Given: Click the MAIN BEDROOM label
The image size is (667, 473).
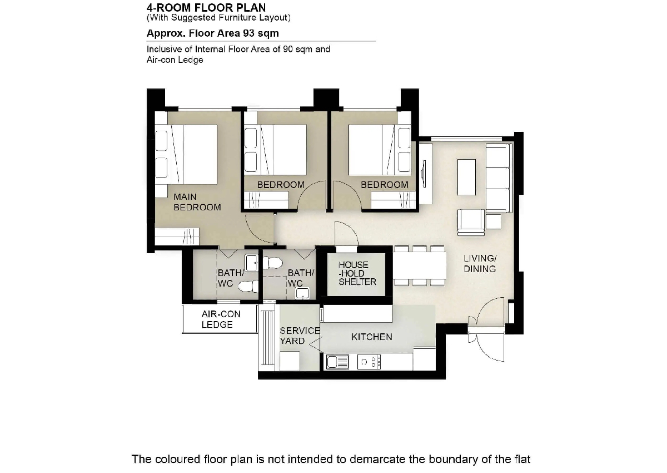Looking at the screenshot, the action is (197, 202).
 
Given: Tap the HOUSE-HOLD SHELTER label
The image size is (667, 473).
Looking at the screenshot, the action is (357, 273).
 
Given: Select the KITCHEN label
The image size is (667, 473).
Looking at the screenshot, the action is (372, 337).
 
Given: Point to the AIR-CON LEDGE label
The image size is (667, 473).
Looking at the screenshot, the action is (221, 319).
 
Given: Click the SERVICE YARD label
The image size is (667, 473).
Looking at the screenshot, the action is (300, 336).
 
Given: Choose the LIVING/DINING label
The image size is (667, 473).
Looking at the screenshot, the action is (480, 263).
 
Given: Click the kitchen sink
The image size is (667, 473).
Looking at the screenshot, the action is (337, 362).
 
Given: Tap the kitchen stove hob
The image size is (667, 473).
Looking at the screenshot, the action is (369, 362).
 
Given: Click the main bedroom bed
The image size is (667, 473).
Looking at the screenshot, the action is (186, 154).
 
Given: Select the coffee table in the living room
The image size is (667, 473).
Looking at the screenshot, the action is (466, 177).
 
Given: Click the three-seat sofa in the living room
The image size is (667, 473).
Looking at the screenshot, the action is (499, 178).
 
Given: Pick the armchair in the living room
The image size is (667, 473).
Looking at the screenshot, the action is (471, 223).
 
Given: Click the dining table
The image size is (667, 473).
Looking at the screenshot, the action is (420, 265).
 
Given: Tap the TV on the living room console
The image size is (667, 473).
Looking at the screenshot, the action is (424, 174).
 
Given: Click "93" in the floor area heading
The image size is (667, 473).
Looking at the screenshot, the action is (248, 33).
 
